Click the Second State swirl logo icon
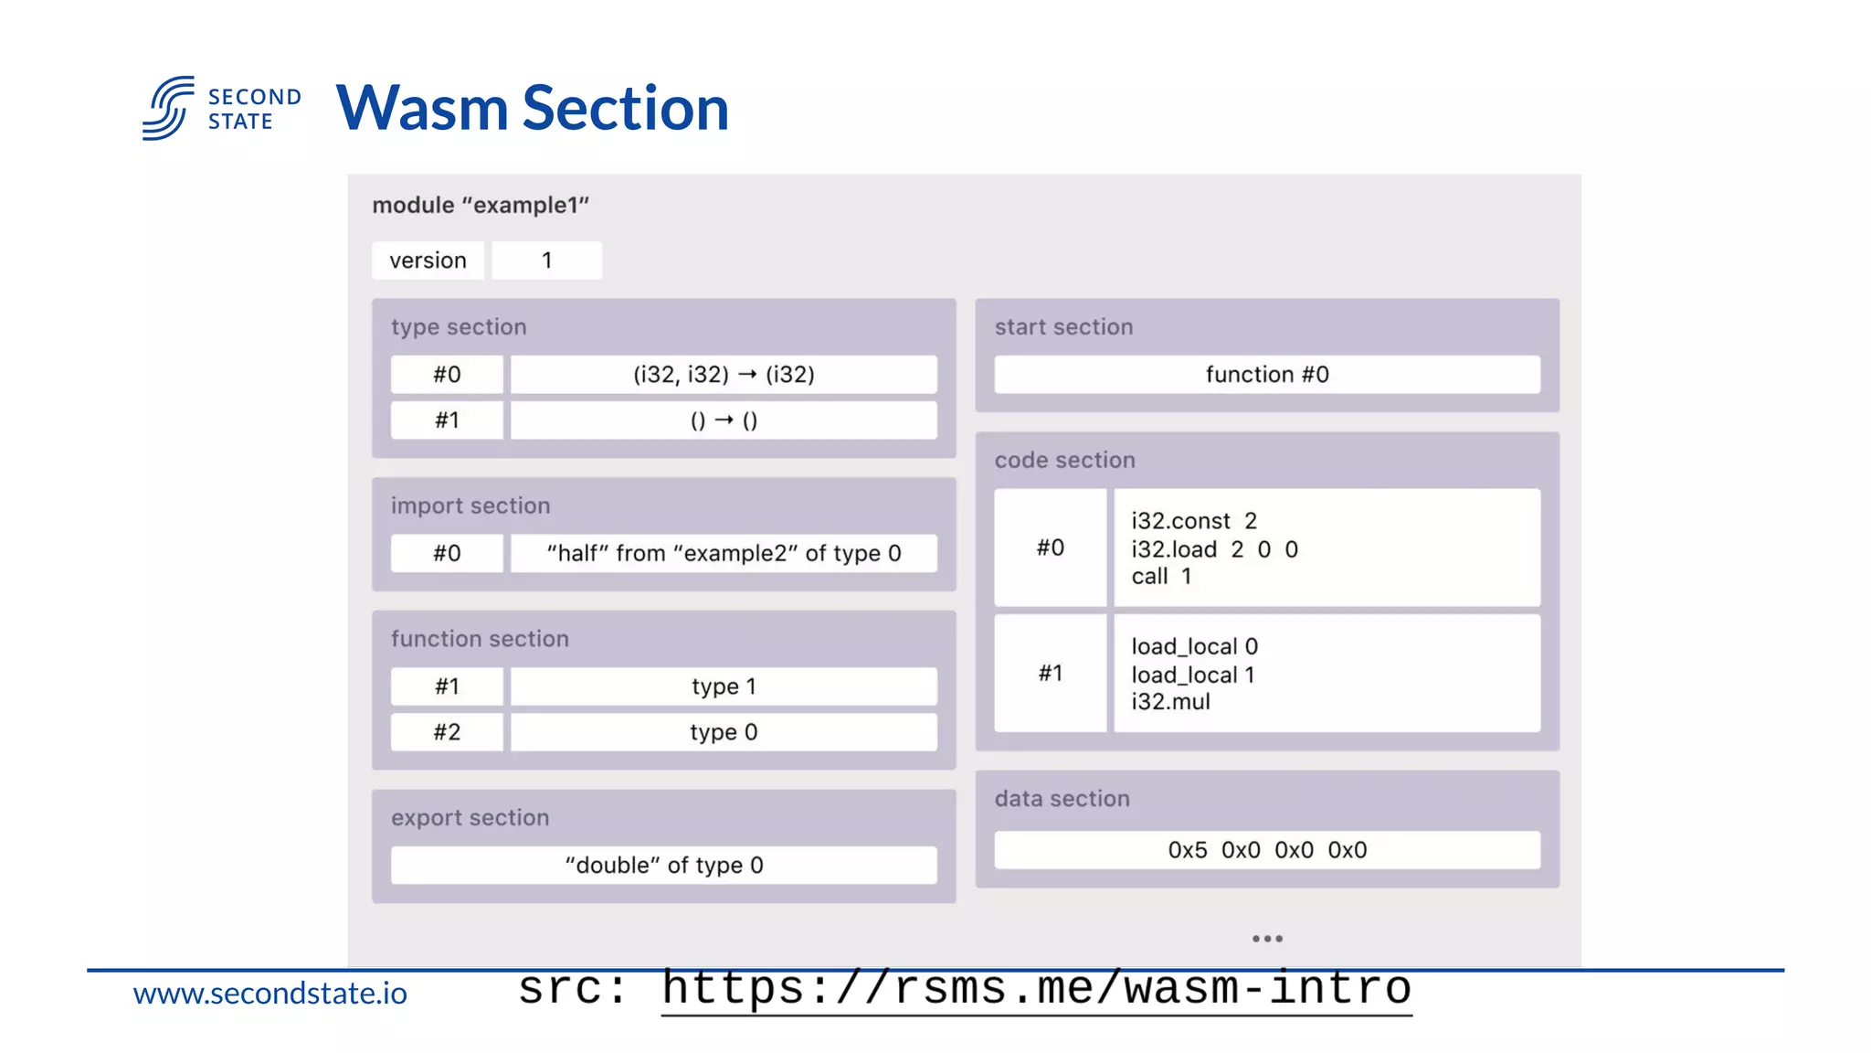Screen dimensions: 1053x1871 tap(168, 108)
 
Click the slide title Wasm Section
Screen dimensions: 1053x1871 tap(533, 109)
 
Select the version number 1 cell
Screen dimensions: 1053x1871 tap(546, 261)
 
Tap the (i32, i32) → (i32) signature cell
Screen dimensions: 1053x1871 tap(724, 375)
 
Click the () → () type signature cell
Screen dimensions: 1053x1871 tap(724, 420)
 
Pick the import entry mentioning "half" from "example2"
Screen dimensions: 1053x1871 tap(724, 554)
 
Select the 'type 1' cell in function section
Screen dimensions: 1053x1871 tap(724, 686)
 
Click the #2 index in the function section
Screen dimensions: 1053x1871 tap(447, 732)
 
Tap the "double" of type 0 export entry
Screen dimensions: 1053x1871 tap(664, 866)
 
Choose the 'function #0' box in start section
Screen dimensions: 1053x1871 tap(1267, 375)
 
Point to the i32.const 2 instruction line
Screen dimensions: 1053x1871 tap(1194, 521)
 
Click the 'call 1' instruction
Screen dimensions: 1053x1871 tap(1161, 577)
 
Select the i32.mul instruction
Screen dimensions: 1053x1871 tap(1170, 702)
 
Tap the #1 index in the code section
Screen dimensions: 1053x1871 tap(1051, 674)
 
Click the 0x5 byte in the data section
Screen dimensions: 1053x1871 tap(1187, 850)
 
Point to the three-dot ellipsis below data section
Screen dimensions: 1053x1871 tap(1267, 939)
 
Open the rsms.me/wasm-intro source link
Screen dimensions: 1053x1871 tap(1036, 989)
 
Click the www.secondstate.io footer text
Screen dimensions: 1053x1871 tap(270, 994)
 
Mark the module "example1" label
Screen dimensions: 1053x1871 tap(481, 206)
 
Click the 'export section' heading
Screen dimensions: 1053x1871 tap(470, 818)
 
